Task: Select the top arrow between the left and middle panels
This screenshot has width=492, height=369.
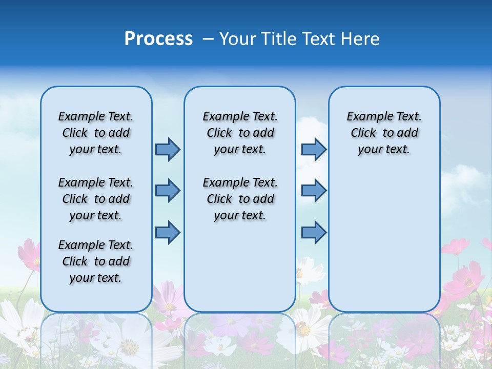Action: tap(168, 149)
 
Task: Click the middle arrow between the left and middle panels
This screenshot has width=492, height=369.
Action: tap(168, 191)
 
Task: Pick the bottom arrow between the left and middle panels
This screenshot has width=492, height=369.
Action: tap(168, 232)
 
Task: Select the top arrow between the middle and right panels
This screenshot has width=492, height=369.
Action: tap(314, 149)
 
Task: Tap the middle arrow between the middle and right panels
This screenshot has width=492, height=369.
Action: tap(314, 191)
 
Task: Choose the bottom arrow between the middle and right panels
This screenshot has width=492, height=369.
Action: tap(314, 232)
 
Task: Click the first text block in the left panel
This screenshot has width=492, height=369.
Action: tap(96, 133)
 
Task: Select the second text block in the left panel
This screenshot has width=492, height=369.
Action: tap(96, 199)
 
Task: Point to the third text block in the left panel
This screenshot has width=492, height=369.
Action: tap(96, 261)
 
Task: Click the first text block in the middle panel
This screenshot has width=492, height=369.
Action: tap(240, 133)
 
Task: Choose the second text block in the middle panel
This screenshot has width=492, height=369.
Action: tap(240, 199)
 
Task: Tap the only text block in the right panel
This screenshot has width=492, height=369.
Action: tap(384, 133)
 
